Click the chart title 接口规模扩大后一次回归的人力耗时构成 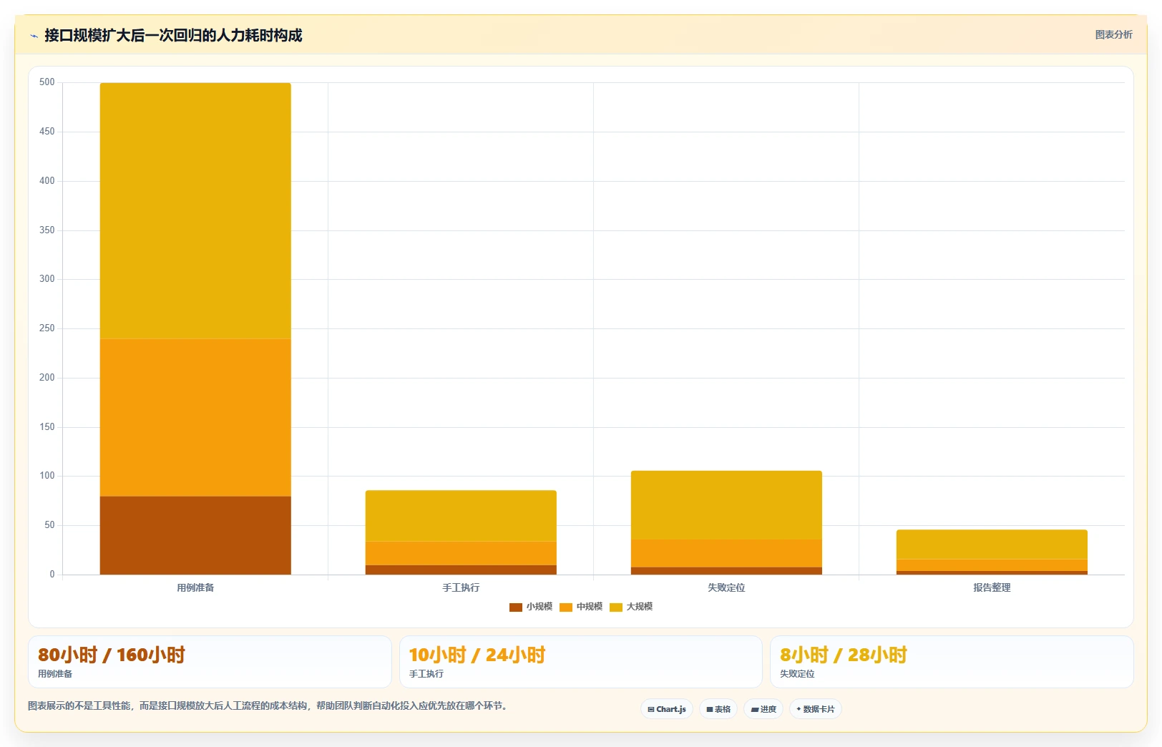pyautogui.click(x=173, y=35)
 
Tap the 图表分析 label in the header pyautogui.click(x=1113, y=35)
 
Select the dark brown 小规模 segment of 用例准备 pyautogui.click(x=195, y=535)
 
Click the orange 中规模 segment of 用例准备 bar pyautogui.click(x=195, y=418)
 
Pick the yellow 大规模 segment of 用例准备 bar pyautogui.click(x=195, y=211)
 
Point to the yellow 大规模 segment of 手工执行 pyautogui.click(x=462, y=516)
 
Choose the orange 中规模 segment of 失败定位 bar pyautogui.click(x=726, y=554)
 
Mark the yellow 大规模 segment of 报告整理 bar pyautogui.click(x=992, y=545)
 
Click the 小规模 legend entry pyautogui.click(x=531, y=607)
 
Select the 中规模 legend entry pyautogui.click(x=581, y=607)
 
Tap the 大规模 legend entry pyautogui.click(x=631, y=607)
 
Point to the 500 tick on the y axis pyautogui.click(x=47, y=82)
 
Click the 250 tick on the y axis pyautogui.click(x=47, y=328)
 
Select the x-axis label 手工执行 pyautogui.click(x=462, y=587)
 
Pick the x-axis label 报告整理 pyautogui.click(x=992, y=587)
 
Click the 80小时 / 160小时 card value pyautogui.click(x=112, y=655)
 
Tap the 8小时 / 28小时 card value pyautogui.click(x=844, y=655)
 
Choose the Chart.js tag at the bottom pyautogui.click(x=667, y=709)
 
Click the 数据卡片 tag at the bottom pyautogui.click(x=816, y=709)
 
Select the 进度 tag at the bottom pyautogui.click(x=763, y=709)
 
